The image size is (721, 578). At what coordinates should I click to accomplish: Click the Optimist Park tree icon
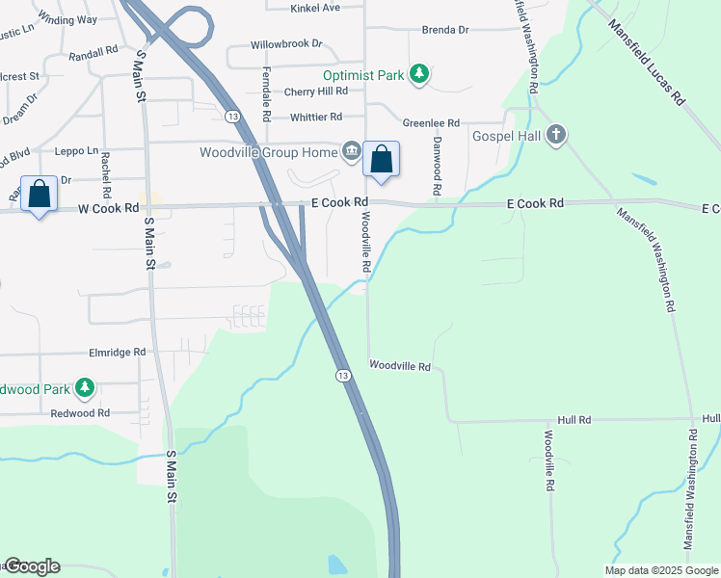click(418, 74)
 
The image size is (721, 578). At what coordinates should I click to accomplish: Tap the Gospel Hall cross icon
click(555, 136)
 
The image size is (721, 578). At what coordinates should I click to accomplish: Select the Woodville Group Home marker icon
click(351, 151)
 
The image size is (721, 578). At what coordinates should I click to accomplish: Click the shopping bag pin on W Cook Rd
click(40, 195)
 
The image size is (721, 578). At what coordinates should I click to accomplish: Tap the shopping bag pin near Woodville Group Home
click(381, 159)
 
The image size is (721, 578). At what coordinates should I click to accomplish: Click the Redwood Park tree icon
click(86, 388)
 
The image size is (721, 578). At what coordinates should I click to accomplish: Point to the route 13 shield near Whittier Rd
click(232, 116)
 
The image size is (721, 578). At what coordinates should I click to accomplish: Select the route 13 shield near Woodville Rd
click(342, 375)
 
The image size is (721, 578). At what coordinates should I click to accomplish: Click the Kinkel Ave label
click(316, 8)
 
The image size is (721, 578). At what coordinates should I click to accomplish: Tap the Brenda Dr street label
click(445, 31)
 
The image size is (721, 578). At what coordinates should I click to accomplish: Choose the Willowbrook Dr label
click(286, 45)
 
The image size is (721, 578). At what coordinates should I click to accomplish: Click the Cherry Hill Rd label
click(315, 92)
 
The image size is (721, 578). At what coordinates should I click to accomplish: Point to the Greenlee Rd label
click(431, 123)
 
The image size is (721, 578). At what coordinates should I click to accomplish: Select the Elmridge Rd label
click(116, 353)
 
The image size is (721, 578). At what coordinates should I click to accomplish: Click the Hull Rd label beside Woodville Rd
click(574, 421)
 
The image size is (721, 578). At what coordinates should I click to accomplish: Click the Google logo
click(32, 566)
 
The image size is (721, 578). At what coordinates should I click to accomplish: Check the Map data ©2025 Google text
click(660, 570)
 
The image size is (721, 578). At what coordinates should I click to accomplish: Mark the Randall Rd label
click(93, 48)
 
